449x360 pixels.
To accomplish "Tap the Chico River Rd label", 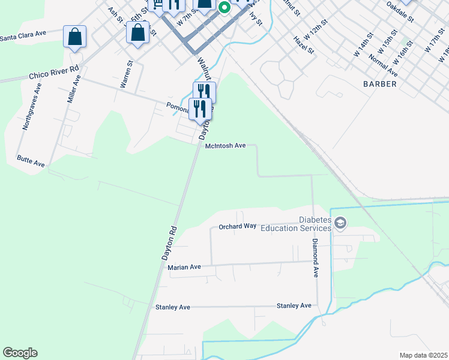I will (x=54, y=73).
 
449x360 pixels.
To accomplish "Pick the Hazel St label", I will (x=304, y=44).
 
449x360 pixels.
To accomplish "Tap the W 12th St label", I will (x=315, y=28).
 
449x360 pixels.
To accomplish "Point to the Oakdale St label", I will (x=400, y=11).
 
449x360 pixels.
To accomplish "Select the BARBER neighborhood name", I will (x=379, y=84).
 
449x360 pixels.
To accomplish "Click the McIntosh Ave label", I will (x=226, y=146).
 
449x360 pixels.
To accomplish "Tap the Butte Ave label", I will (x=31, y=163).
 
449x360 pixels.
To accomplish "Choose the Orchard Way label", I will (x=237, y=226).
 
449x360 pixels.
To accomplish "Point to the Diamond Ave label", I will (x=315, y=258).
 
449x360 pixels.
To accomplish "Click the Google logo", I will (x=20, y=353).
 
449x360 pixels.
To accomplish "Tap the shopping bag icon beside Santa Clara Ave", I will (x=74, y=37).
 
